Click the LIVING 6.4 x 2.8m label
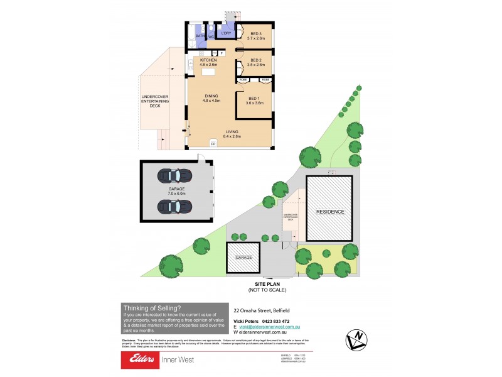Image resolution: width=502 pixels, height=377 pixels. coord(232,133)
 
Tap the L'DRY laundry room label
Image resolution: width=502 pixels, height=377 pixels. coord(227,33)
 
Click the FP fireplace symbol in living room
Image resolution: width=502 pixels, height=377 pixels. coord(213,145)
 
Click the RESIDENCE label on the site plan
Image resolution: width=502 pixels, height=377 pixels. coord(330,212)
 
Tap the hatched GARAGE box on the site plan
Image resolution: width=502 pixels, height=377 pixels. coord(243,258)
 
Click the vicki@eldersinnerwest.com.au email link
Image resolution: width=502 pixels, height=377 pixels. coord(269,327)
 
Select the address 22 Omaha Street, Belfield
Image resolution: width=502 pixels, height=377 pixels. coord(260,310)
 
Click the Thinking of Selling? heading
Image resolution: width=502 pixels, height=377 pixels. coord(152,307)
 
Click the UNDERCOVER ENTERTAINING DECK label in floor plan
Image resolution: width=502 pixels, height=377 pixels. coord(151,101)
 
